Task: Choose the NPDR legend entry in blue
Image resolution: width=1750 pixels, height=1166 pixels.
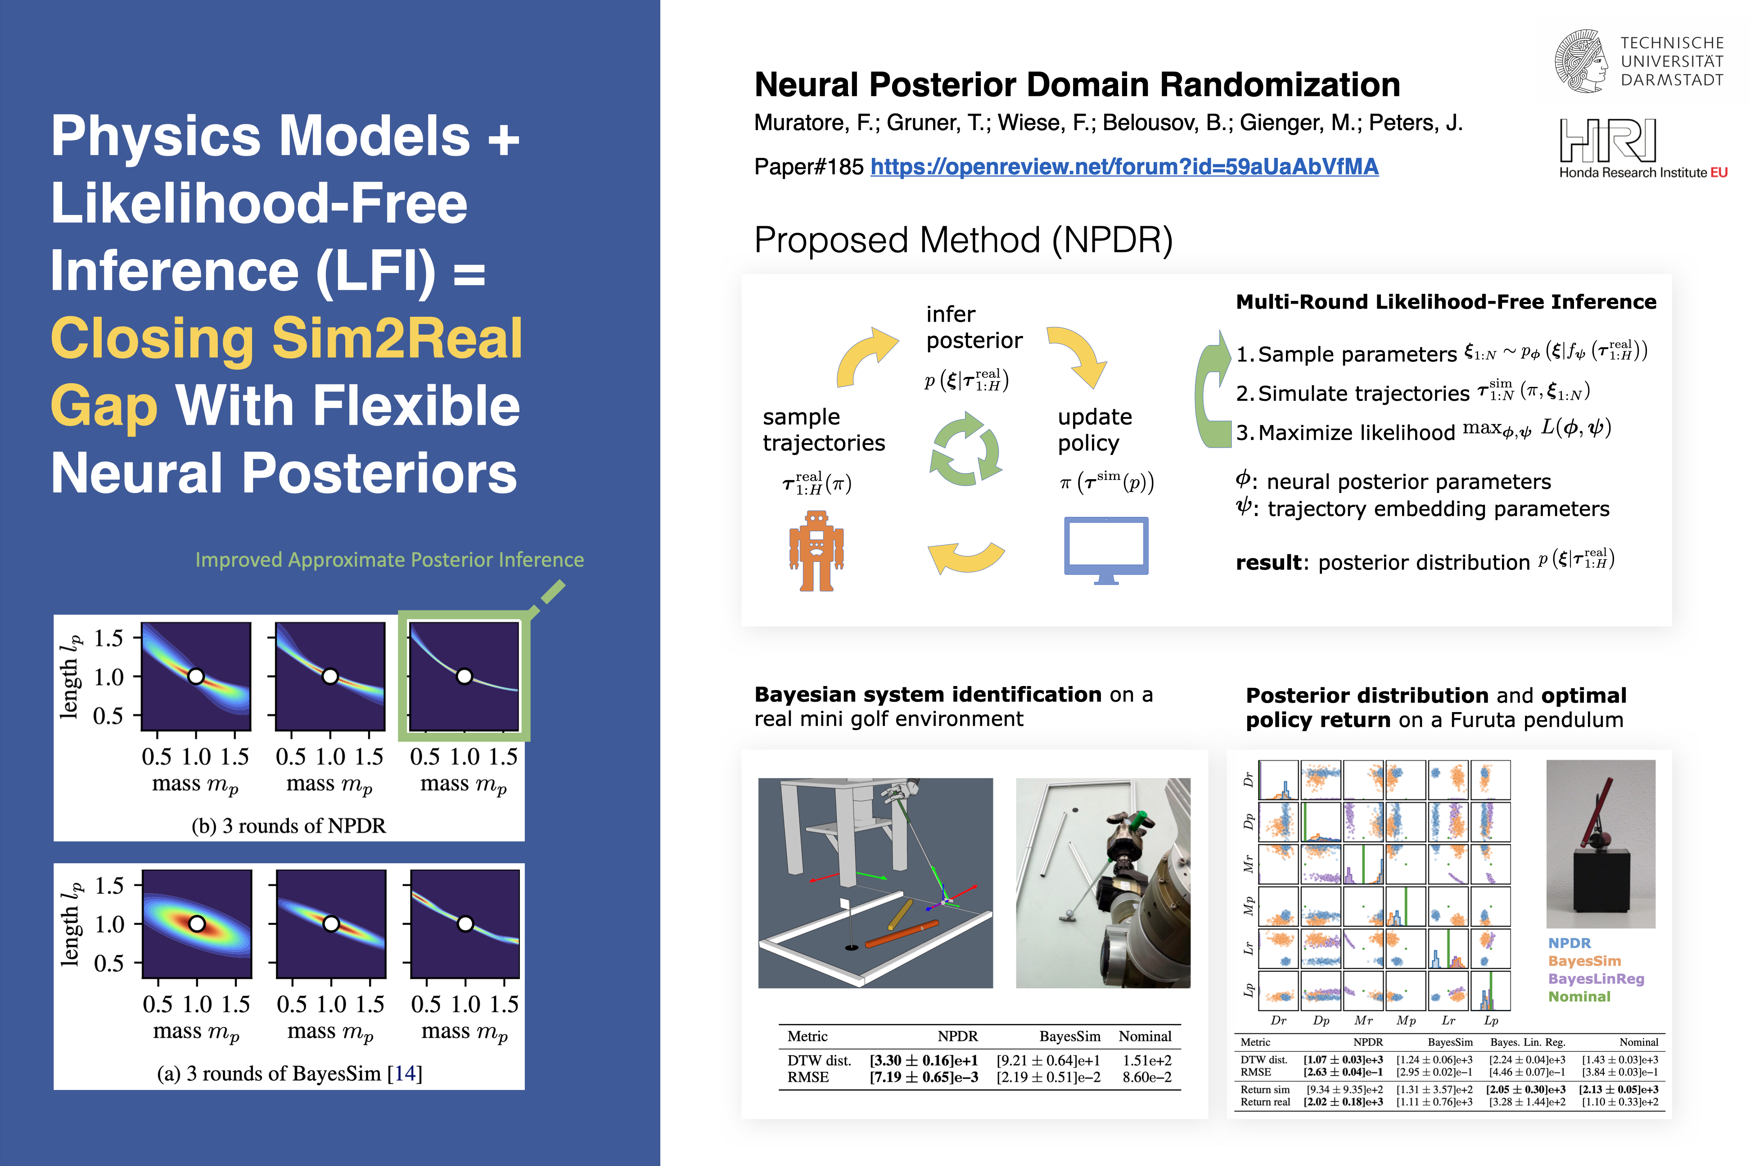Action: click(1569, 943)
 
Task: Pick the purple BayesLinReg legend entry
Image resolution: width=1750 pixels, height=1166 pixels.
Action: click(1596, 978)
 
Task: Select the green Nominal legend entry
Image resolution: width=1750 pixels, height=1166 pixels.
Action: click(1579, 996)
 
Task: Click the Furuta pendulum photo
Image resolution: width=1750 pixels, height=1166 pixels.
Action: click(1601, 843)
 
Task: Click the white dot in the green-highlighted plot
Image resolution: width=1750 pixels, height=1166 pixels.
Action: click(465, 677)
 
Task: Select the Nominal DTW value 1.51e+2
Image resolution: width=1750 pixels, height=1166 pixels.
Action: click(1146, 1060)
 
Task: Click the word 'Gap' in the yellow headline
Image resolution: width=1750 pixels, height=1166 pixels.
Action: click(104, 406)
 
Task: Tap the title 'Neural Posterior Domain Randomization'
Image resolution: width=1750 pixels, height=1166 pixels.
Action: click(1077, 85)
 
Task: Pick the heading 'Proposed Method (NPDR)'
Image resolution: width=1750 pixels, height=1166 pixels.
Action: click(963, 240)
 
